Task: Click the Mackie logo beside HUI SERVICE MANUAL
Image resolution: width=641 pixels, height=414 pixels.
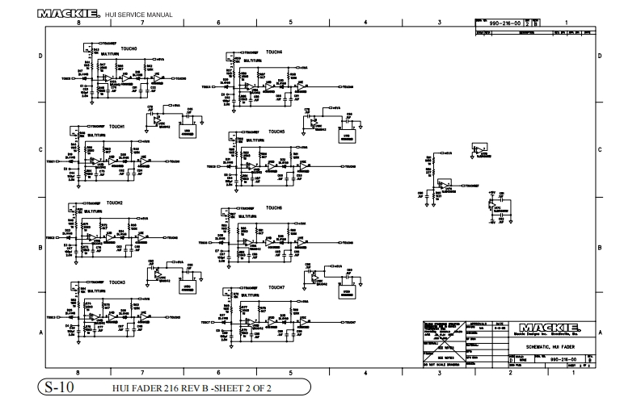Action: [x=68, y=14]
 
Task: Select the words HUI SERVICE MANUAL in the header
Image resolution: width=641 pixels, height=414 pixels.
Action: [x=136, y=15]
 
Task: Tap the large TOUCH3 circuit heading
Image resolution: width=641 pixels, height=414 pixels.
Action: [x=116, y=281]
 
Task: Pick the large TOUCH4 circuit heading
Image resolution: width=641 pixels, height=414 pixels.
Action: [x=275, y=52]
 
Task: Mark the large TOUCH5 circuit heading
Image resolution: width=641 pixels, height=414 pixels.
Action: [x=276, y=131]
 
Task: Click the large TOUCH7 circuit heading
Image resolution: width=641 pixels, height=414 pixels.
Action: [x=276, y=287]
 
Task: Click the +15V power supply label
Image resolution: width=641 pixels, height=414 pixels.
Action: [x=490, y=192]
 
